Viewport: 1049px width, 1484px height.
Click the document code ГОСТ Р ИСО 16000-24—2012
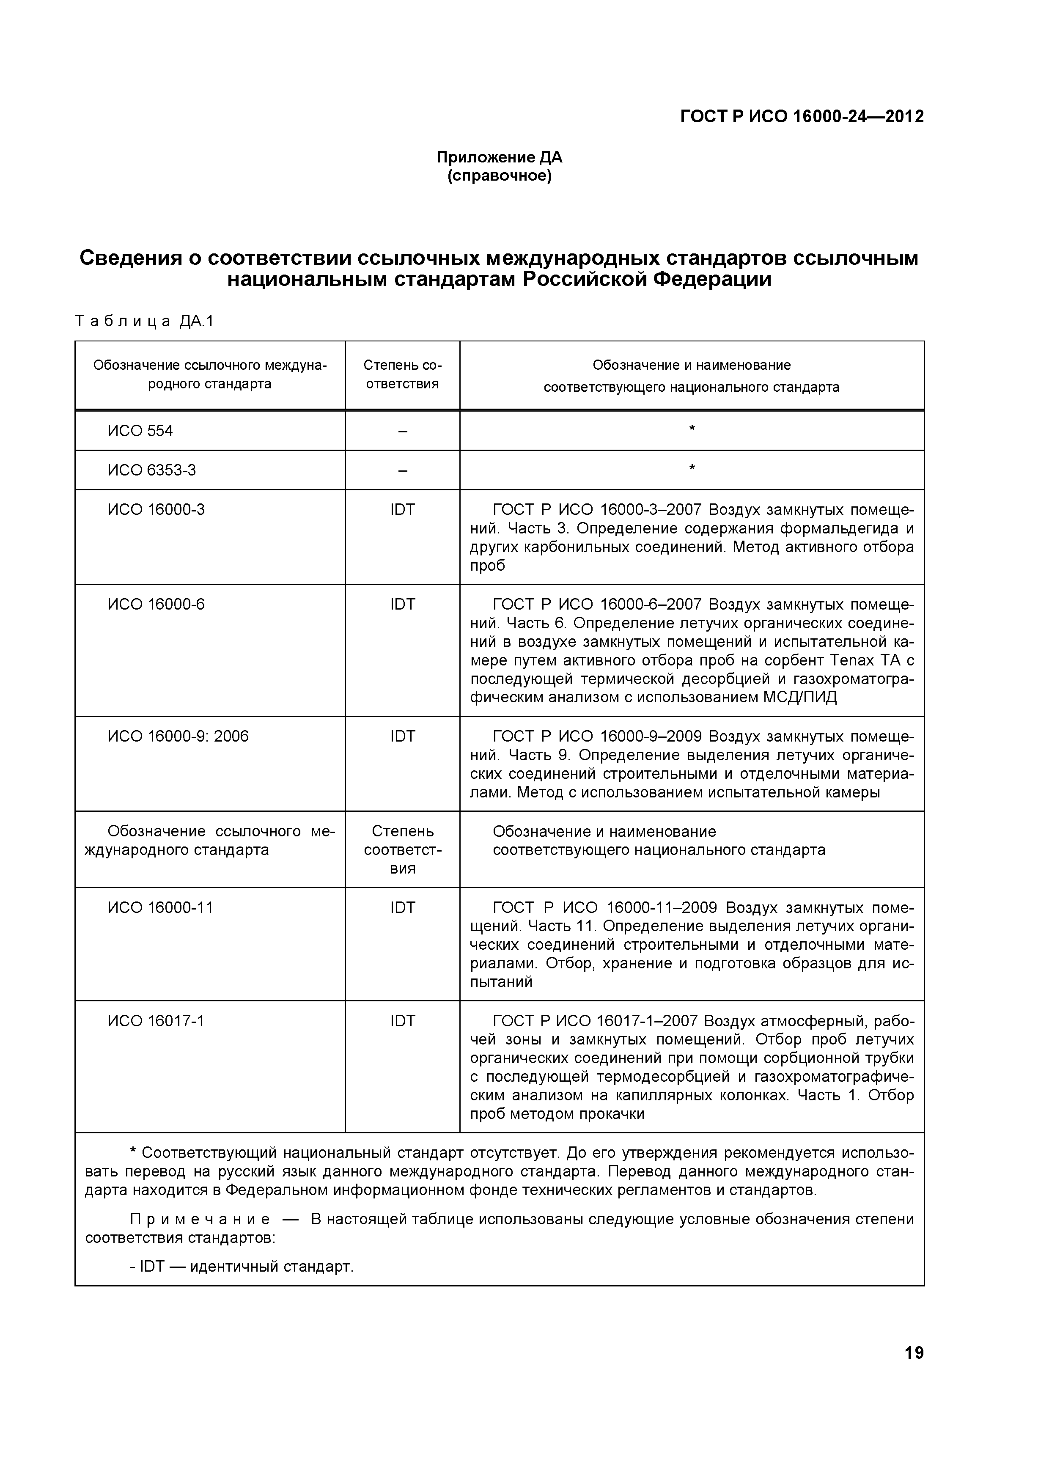pyautogui.click(x=802, y=116)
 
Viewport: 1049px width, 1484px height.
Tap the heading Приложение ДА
pyautogui.click(x=499, y=157)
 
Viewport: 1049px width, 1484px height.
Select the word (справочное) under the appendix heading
pyautogui.click(x=499, y=176)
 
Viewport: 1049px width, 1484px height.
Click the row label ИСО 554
pyautogui.click(x=140, y=431)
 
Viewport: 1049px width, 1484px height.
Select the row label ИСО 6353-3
pyautogui.click(x=151, y=470)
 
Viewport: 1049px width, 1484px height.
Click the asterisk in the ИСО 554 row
pyautogui.click(x=692, y=430)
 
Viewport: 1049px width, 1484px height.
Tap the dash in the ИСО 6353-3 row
pyautogui.click(x=402, y=470)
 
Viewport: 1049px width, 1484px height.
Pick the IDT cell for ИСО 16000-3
pyautogui.click(x=402, y=510)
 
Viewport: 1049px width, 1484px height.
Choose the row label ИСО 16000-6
pyautogui.click(x=156, y=605)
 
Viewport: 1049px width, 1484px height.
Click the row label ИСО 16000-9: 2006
pyautogui.click(x=178, y=737)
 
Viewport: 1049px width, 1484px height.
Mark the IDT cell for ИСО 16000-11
pyautogui.click(x=402, y=907)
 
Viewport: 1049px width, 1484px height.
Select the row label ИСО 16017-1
pyautogui.click(x=156, y=1021)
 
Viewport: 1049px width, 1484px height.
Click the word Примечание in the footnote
pyautogui.click(x=200, y=1220)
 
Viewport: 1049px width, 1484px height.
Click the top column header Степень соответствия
pyautogui.click(x=402, y=374)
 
